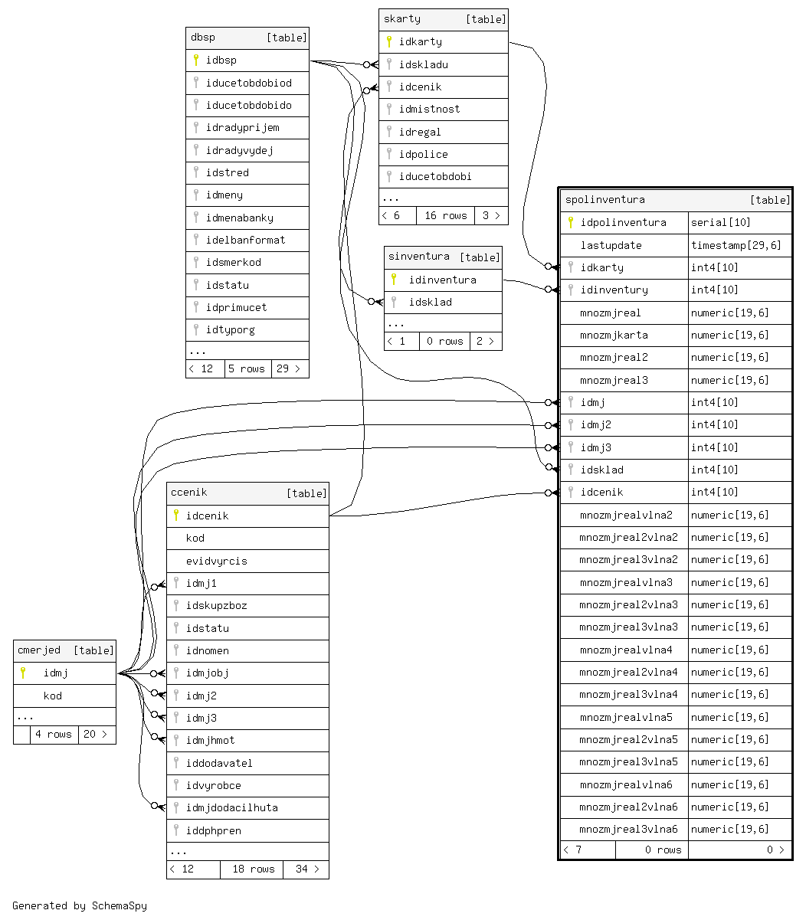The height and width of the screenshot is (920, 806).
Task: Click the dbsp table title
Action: click(x=203, y=38)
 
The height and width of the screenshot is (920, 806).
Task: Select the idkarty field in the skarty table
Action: click(x=420, y=42)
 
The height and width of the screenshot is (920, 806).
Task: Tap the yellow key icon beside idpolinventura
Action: click(x=570, y=223)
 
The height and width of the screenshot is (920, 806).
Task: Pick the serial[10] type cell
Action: click(x=720, y=223)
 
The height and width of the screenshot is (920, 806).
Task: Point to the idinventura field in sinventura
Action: click(x=442, y=280)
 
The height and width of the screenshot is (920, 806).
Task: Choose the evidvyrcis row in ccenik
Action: click(x=216, y=561)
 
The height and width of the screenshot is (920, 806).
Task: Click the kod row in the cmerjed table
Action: click(x=53, y=696)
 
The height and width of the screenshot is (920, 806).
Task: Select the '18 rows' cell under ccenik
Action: click(x=253, y=869)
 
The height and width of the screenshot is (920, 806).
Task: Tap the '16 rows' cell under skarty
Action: click(x=445, y=215)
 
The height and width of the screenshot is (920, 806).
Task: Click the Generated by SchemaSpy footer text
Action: click(x=80, y=905)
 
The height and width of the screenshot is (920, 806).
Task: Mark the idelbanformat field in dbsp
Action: click(x=245, y=241)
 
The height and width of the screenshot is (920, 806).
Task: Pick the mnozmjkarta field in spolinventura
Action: click(x=614, y=336)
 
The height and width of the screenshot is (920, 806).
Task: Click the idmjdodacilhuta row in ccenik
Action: click(x=231, y=808)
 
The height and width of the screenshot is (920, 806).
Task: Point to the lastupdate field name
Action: click(x=611, y=246)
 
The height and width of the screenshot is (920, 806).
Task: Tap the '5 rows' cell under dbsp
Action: click(x=247, y=369)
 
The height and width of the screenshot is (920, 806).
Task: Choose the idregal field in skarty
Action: click(x=420, y=133)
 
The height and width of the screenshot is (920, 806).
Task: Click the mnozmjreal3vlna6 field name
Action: click(x=628, y=830)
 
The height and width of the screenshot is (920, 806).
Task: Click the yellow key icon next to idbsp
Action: click(x=196, y=61)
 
